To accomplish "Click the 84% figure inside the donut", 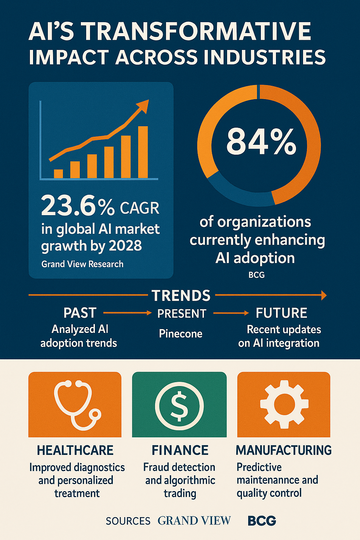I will [x=261, y=141].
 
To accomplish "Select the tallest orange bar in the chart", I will [x=143, y=152].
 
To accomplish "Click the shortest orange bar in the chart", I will [x=58, y=174].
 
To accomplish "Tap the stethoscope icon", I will [x=75, y=404].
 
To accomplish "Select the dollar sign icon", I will [x=179, y=405].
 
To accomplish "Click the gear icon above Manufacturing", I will [x=284, y=404].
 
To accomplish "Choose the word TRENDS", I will [x=181, y=296].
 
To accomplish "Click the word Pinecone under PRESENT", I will [x=180, y=334].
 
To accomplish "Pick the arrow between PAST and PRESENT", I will [x=127, y=313].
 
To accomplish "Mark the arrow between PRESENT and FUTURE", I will [x=231, y=313].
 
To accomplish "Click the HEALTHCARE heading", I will [x=75, y=450].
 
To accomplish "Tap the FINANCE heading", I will [x=180, y=450].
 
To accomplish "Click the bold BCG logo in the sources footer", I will [x=262, y=521].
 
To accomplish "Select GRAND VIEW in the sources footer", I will [x=194, y=521].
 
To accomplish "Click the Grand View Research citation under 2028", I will [x=82, y=264].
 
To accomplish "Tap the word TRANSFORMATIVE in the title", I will [x=197, y=32].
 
